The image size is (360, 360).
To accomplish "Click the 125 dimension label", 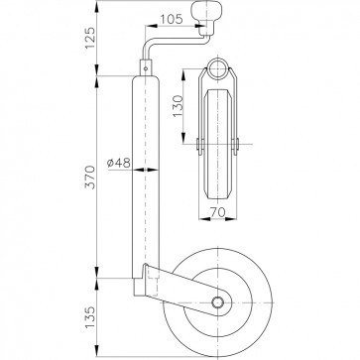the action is coord(90,38).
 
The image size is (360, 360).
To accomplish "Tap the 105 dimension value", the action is coord(172,19).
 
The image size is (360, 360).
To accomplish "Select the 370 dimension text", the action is coord(90,178).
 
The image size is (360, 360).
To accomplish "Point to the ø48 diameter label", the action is coord(119,163).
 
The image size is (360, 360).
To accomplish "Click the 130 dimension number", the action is coord(178,106).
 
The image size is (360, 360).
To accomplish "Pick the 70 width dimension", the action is coord(217,212).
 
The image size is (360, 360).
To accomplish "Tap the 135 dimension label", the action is coord(90,317).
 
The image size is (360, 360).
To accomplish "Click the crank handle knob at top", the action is coord(206,13).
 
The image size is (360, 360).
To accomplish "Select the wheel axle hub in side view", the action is coord(217,302).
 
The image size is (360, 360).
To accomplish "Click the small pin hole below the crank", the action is coord(146,68).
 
